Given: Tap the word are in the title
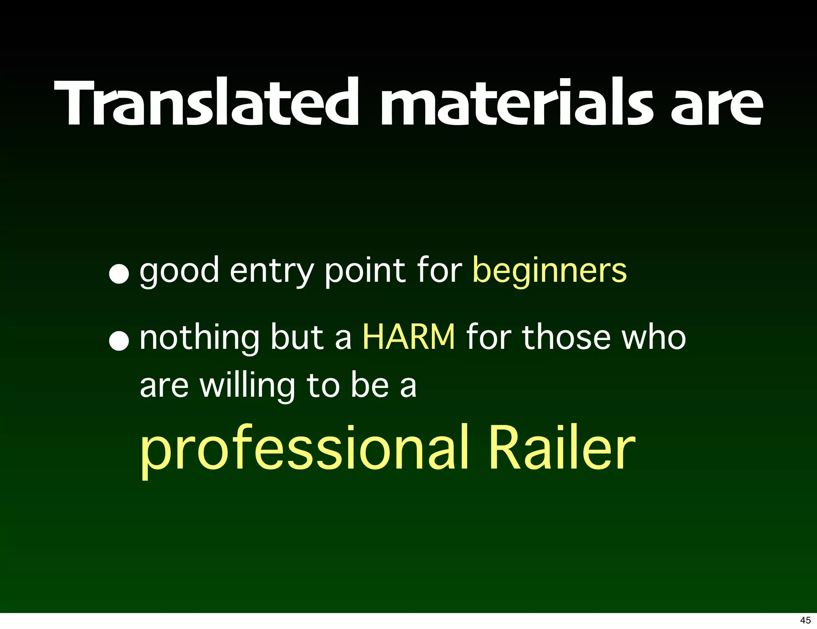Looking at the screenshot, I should click(x=716, y=105).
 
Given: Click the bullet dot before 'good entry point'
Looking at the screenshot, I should click(x=119, y=274).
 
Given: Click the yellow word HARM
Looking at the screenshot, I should click(x=408, y=338).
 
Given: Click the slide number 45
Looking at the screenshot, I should click(x=805, y=620).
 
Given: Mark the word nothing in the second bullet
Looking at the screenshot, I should click(x=199, y=338).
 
